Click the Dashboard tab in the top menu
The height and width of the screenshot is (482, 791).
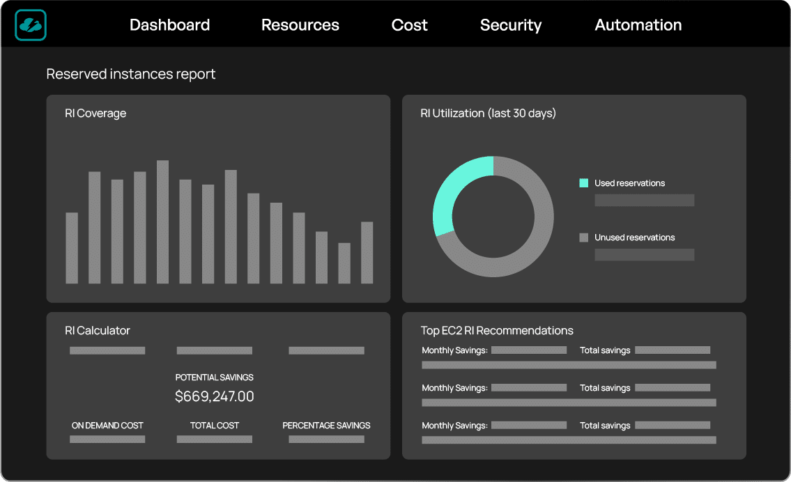pyautogui.click(x=169, y=24)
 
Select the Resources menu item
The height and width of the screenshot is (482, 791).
pyautogui.click(x=300, y=24)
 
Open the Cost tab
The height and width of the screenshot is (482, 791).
pyautogui.click(x=409, y=24)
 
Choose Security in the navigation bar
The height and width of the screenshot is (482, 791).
pyautogui.click(x=511, y=25)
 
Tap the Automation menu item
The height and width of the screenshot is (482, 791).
pyautogui.click(x=638, y=24)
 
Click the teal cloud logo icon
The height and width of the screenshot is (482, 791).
pyautogui.click(x=31, y=24)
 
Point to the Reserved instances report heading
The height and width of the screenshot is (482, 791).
pyautogui.click(x=130, y=74)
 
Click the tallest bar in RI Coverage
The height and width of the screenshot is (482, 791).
pyautogui.click(x=162, y=221)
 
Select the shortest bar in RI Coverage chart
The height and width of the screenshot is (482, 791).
pyautogui.click(x=344, y=263)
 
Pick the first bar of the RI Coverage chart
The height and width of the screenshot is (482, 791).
pyautogui.click(x=72, y=248)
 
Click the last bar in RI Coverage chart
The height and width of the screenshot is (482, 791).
pyautogui.click(x=367, y=253)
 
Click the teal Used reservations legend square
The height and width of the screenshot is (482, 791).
pyautogui.click(x=583, y=183)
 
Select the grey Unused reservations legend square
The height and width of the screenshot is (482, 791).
pyautogui.click(x=583, y=238)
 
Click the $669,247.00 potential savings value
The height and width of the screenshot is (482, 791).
pyautogui.click(x=215, y=397)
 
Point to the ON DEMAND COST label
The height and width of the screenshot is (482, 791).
pyautogui.click(x=107, y=426)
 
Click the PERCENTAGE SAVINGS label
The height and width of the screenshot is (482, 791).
pyautogui.click(x=326, y=426)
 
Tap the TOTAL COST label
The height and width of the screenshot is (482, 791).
pyautogui.click(x=215, y=426)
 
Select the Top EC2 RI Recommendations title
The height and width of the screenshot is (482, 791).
pyautogui.click(x=497, y=331)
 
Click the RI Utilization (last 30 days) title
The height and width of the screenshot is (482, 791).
pyautogui.click(x=489, y=114)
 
